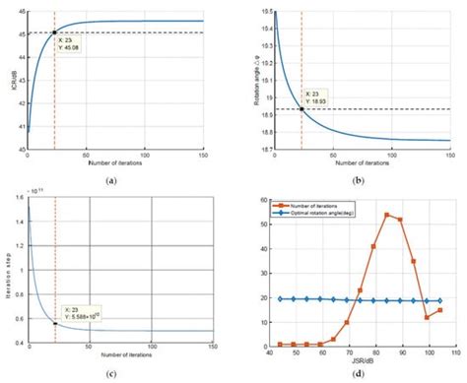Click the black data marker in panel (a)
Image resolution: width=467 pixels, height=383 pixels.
tap(54, 32)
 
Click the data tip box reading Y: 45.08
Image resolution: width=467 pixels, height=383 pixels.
tap(70, 43)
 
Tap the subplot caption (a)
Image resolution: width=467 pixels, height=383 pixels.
tap(115, 180)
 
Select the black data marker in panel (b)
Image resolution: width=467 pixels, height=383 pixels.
tap(301, 108)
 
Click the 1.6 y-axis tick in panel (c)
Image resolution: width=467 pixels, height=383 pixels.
tap(19, 200)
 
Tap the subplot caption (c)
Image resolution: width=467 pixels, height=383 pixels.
tap(115, 374)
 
